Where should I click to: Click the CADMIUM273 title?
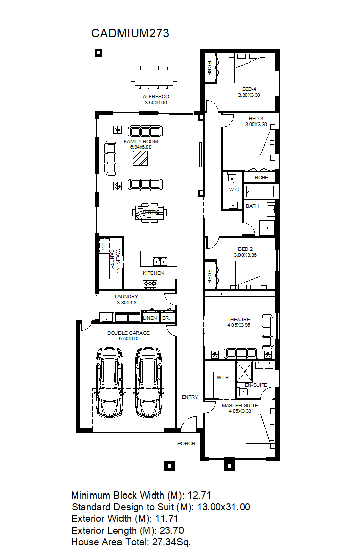click(130, 33)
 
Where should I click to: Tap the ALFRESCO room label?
click(156, 96)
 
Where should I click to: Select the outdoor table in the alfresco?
click(154, 77)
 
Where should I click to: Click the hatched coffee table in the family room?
click(140, 158)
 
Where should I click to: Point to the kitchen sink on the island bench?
click(160, 262)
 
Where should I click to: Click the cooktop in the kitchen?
click(150, 284)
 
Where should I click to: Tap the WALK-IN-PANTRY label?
click(115, 259)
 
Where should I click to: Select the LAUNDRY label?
click(126, 296)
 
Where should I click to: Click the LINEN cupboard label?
click(150, 318)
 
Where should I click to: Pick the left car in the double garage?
click(109, 382)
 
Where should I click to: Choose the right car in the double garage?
click(149, 382)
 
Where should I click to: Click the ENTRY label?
click(190, 397)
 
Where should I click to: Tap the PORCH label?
click(186, 443)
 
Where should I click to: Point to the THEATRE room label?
click(238, 319)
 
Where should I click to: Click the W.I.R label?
click(223, 377)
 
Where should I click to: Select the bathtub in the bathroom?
click(260, 192)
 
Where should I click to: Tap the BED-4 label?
click(249, 89)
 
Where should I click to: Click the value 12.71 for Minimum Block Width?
click(199, 495)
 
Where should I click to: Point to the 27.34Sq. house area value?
click(171, 542)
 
